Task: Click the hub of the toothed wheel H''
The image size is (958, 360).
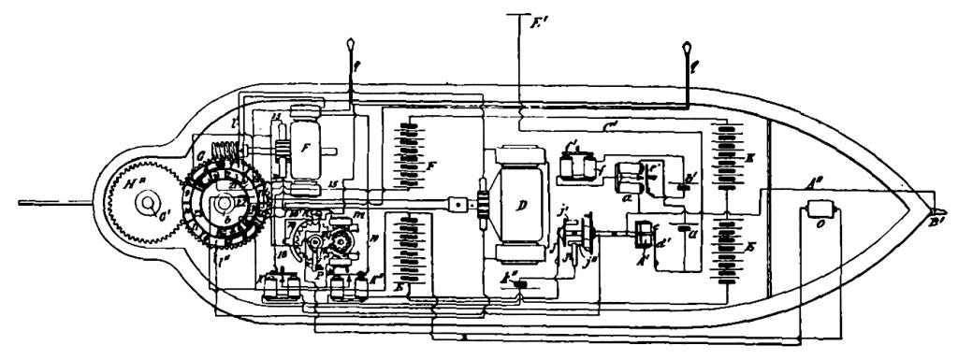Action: click(x=146, y=208)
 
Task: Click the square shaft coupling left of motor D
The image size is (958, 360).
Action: click(x=457, y=204)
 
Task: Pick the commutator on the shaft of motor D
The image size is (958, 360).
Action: click(x=484, y=204)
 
